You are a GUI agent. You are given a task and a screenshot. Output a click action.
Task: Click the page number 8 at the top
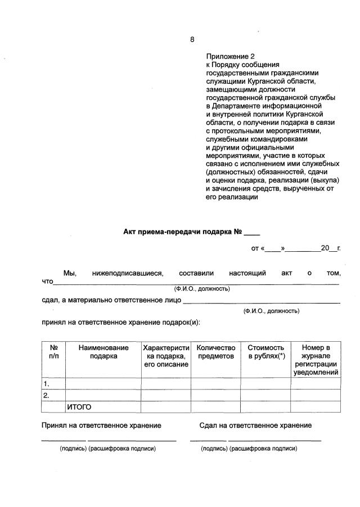192,39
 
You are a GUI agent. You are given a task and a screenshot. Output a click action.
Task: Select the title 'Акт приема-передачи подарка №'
182,232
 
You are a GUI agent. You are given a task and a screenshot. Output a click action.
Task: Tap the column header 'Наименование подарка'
103,352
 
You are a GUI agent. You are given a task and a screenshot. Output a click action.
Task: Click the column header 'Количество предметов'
215,352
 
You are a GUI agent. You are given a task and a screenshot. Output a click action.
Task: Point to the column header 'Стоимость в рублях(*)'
266,352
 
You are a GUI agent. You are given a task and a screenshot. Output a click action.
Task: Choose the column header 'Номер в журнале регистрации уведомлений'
316,360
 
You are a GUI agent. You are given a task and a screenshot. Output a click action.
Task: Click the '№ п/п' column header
54,352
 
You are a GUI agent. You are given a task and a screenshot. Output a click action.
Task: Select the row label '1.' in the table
48,384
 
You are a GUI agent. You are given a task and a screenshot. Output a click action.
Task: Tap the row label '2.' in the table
48,396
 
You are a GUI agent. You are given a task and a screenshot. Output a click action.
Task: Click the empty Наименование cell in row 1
103,384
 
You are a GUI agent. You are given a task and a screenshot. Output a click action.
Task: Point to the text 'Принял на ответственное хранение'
101,425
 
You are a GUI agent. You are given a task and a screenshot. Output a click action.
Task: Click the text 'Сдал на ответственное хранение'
255,425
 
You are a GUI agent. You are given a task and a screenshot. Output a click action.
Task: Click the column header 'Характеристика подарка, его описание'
166,356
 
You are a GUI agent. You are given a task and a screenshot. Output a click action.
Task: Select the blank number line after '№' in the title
252,232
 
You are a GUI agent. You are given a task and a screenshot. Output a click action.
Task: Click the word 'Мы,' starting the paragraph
69,273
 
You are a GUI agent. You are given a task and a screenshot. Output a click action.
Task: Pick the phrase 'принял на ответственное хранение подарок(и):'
121,323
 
